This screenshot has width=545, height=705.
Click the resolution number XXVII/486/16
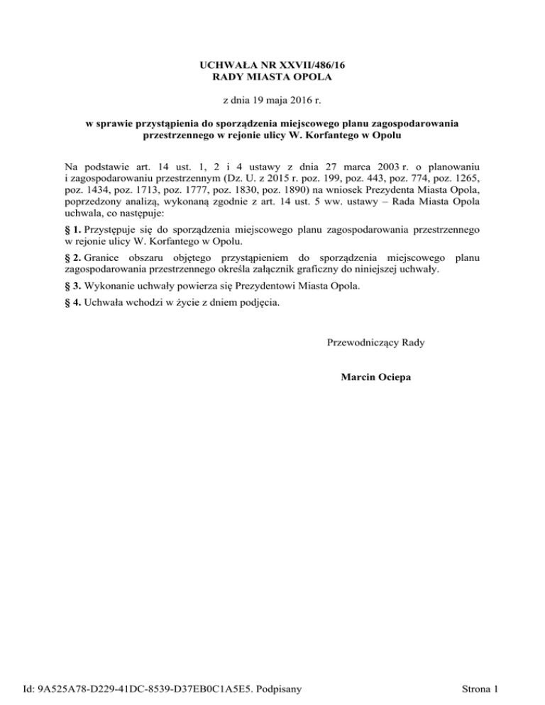tap(307, 65)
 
